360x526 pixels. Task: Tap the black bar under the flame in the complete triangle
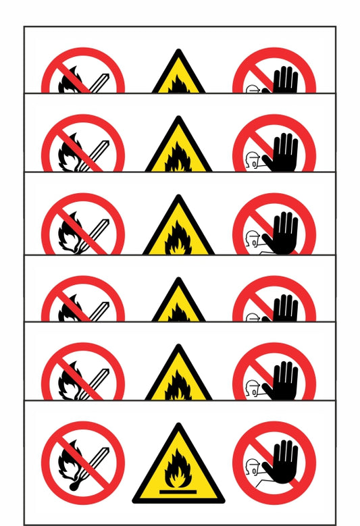point(178,491)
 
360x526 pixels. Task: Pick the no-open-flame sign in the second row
point(83,145)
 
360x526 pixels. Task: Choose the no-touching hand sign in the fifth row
point(274,371)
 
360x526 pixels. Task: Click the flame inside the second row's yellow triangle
point(178,157)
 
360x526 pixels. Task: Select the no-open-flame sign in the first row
point(83,73)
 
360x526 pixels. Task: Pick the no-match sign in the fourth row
point(83,300)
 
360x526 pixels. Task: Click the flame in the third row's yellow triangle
point(178,238)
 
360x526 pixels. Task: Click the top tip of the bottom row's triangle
point(178,426)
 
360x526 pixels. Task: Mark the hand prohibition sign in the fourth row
point(274,300)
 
